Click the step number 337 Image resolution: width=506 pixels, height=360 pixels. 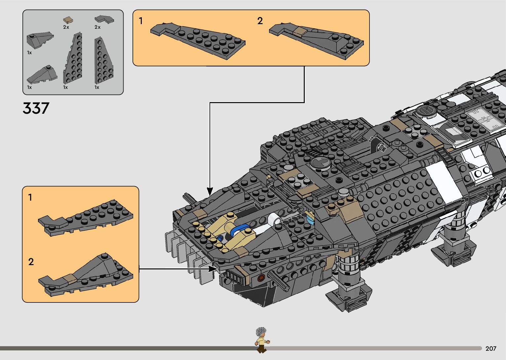click(36, 108)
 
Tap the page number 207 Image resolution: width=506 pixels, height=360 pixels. click(491, 348)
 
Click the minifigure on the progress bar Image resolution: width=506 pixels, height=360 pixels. click(261, 340)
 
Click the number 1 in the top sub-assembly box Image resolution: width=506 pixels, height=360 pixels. click(141, 21)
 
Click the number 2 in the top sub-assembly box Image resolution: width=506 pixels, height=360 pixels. click(260, 21)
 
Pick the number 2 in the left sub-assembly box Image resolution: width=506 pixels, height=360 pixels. click(31, 262)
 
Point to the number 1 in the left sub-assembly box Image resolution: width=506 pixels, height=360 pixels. click(30, 198)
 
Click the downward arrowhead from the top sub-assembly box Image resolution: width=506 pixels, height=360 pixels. click(210, 191)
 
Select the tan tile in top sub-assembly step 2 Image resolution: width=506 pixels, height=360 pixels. click(300, 32)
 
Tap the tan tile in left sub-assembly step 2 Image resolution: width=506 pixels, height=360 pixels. click(71, 279)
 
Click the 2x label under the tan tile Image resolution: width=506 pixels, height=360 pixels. click(66, 27)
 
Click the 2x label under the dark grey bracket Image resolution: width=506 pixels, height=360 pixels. click(97, 27)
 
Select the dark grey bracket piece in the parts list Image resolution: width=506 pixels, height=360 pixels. click(104, 19)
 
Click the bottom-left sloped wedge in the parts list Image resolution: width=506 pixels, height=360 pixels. click(42, 75)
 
